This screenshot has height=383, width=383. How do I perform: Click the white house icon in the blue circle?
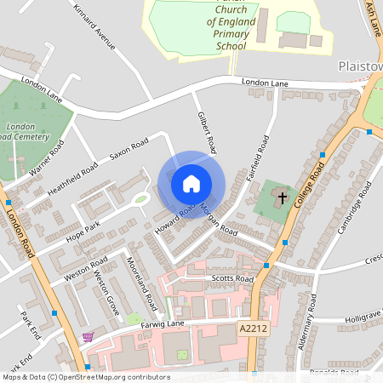point(191,183)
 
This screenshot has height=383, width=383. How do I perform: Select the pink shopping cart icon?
point(87,338)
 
